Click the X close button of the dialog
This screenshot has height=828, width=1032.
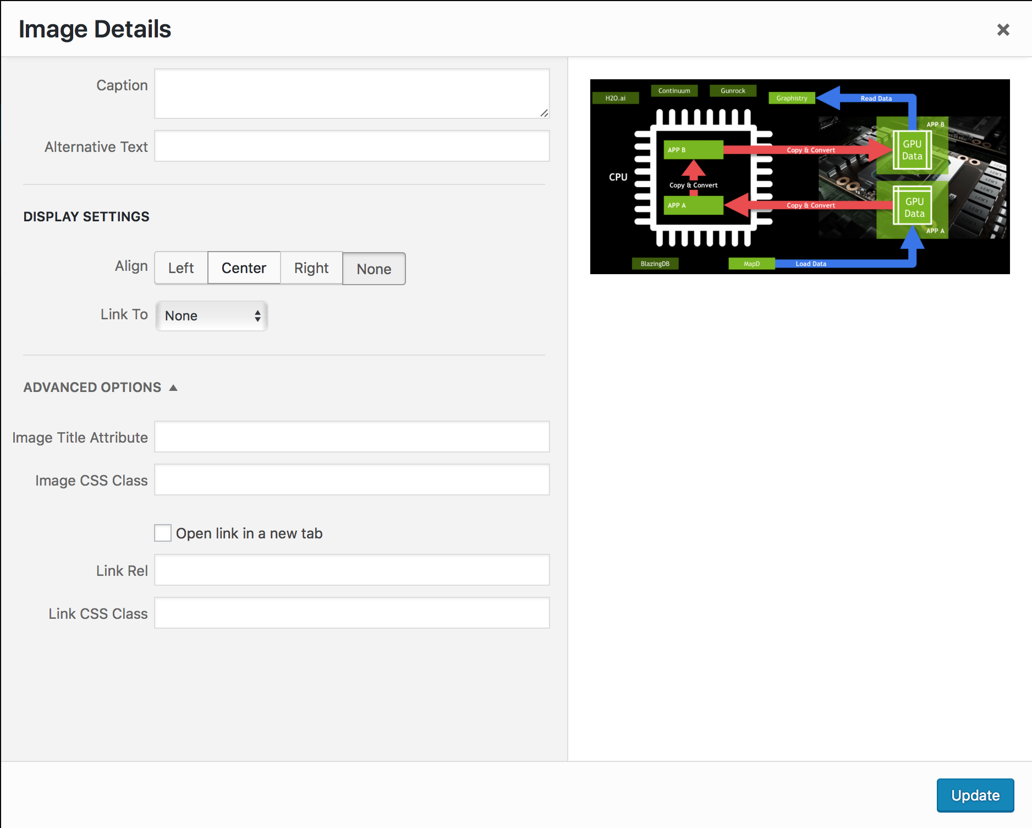[x=1003, y=30]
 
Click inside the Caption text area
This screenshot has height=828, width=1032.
[x=352, y=93]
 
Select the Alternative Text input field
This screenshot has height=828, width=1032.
[x=352, y=146]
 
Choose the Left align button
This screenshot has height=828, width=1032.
[x=181, y=268]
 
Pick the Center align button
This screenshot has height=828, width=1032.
[x=244, y=268]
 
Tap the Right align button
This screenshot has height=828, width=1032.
[x=311, y=268]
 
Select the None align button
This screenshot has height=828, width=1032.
[x=374, y=269]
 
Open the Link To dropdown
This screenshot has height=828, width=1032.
[x=212, y=316]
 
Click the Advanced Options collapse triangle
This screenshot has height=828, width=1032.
[x=173, y=388]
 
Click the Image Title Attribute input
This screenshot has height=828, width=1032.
[x=352, y=437]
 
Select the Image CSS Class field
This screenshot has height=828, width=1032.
[x=352, y=480]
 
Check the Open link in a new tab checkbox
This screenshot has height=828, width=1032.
[x=163, y=533]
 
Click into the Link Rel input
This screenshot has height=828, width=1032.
[x=352, y=570]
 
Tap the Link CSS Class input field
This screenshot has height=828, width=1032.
[x=352, y=613]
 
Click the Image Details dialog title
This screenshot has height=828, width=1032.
[x=95, y=29]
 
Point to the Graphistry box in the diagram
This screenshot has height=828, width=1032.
[x=792, y=99]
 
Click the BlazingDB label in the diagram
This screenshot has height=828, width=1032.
[x=655, y=264]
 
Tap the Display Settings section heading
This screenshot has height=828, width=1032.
[x=86, y=217]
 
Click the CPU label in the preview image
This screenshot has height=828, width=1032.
[x=618, y=177]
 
